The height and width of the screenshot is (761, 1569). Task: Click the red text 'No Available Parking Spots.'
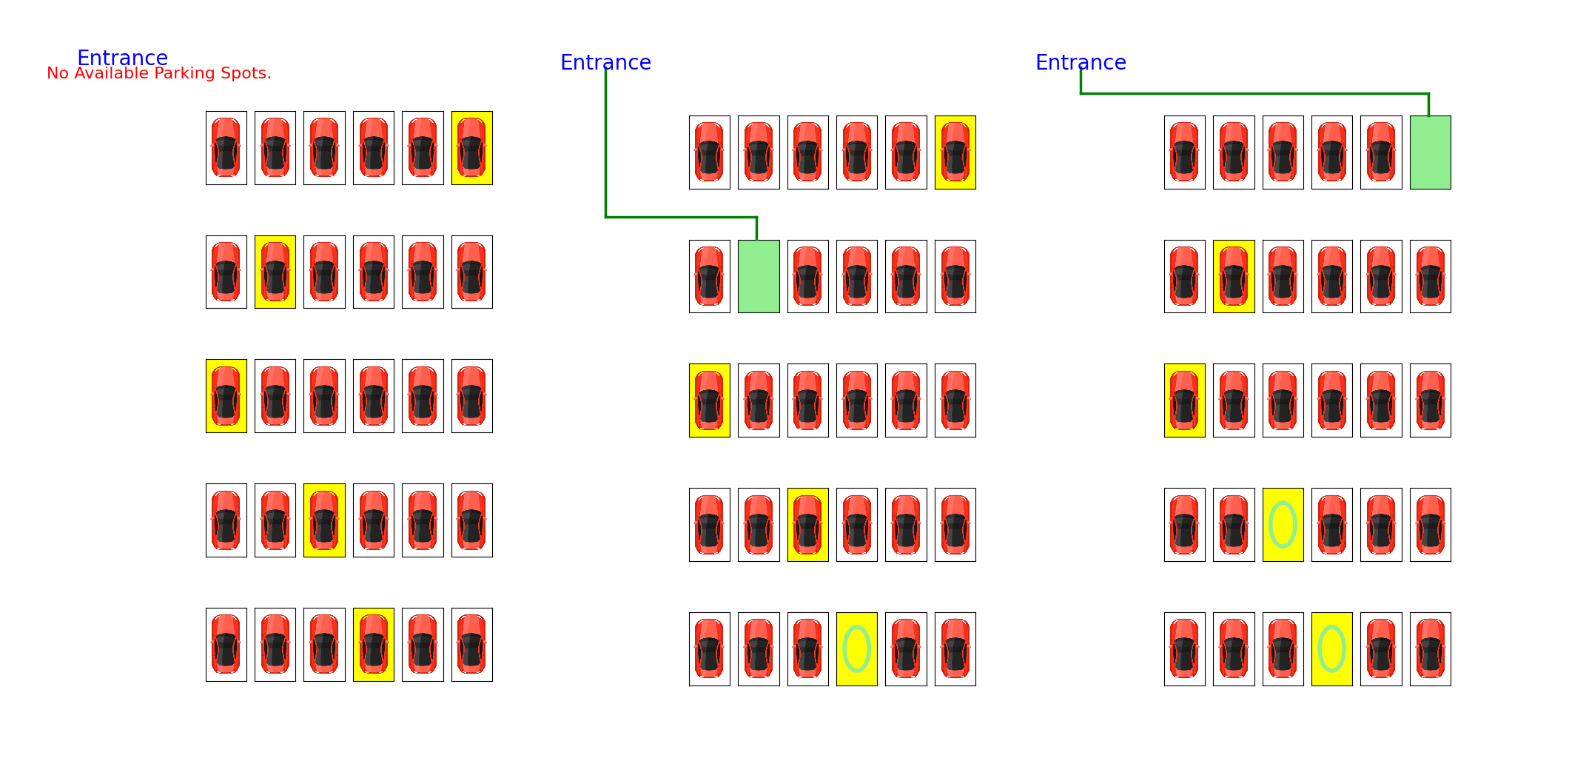[159, 73]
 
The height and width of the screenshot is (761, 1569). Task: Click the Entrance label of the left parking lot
[122, 58]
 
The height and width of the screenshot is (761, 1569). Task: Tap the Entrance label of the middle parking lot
[605, 62]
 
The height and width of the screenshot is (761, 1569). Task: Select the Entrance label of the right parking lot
[1081, 62]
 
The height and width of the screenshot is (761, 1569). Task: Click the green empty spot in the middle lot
[759, 276]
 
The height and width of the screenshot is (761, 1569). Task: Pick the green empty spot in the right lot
[1430, 152]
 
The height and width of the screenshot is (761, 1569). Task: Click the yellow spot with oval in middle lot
[857, 649]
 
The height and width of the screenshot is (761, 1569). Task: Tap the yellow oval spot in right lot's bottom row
[1331, 649]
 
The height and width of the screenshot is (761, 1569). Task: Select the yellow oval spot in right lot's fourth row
[1283, 525]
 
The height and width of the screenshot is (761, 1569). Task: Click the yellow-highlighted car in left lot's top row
[472, 148]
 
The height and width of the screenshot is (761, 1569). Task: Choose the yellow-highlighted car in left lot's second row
[275, 272]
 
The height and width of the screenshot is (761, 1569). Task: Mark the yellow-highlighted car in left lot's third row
[226, 396]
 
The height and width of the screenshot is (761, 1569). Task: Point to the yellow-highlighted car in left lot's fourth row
[324, 520]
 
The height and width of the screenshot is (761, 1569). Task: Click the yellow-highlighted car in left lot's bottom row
[374, 645]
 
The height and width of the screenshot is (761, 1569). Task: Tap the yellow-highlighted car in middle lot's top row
[955, 152]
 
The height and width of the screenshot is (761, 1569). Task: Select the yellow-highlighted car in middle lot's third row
[710, 400]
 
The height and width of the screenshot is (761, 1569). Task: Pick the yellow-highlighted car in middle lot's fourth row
[808, 525]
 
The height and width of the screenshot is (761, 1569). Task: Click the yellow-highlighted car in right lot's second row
[1234, 276]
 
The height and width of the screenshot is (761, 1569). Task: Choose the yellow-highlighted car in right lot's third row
[1184, 400]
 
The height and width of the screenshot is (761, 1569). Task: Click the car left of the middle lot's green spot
[710, 276]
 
